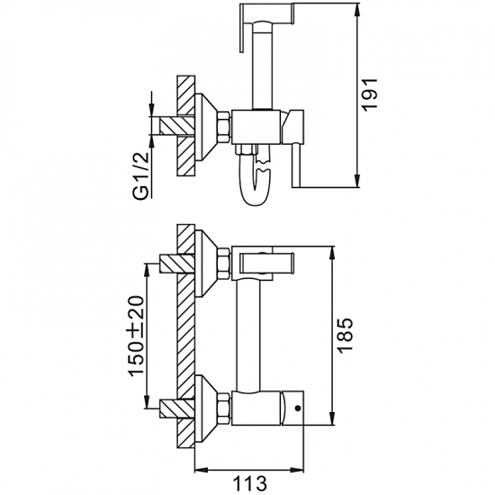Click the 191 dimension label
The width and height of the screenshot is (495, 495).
(369, 94)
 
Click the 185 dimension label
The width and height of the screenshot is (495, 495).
(344, 336)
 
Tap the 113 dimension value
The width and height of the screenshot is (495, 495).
(249, 483)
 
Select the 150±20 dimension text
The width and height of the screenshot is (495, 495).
(137, 337)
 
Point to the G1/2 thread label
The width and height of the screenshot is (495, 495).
(140, 175)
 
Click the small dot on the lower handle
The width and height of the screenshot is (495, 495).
(297, 409)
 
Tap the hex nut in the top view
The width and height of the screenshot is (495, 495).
(224, 127)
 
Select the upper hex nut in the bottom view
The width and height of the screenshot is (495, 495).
(224, 264)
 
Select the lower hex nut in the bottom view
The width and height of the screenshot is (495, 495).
(224, 409)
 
